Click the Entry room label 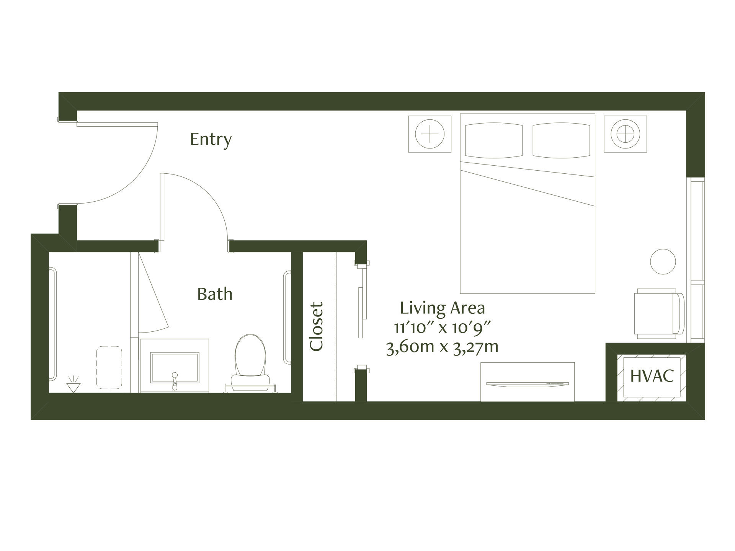(211, 140)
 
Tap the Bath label (215, 294)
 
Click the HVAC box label (652, 376)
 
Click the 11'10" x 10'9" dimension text (443, 328)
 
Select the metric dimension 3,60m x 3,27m (443, 347)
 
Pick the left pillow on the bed (493, 140)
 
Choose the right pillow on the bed (561, 140)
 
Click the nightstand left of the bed (430, 134)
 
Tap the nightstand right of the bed (626, 134)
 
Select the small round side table (663, 261)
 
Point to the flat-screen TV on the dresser (528, 384)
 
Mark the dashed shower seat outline (109, 367)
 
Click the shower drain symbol (72, 386)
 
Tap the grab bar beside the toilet (287, 318)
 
